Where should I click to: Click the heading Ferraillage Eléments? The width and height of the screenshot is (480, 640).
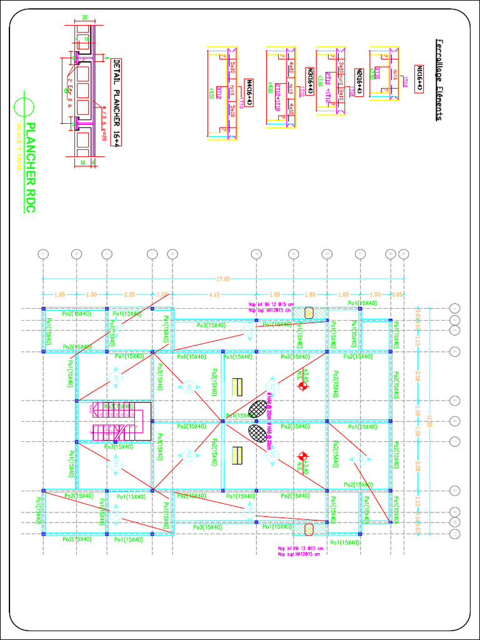tap(439, 79)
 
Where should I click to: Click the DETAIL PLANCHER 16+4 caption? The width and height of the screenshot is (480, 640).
tap(116, 102)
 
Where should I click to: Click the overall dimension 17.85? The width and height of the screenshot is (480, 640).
tap(223, 279)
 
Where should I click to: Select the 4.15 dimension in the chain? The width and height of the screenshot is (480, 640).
tap(214, 294)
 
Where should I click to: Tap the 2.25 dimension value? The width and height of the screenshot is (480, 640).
tap(129, 294)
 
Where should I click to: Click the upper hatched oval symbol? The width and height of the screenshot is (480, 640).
tap(257, 409)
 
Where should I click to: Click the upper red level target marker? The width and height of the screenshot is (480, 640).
tap(303, 386)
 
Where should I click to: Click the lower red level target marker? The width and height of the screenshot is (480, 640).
tap(303, 456)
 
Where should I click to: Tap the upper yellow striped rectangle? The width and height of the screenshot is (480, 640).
tap(237, 387)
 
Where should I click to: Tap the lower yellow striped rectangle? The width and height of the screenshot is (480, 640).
tap(237, 456)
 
